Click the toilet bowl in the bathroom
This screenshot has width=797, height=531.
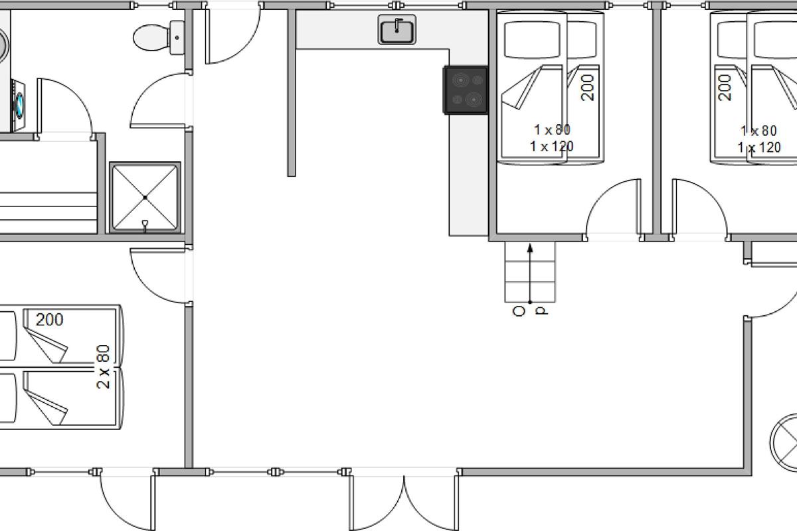[x=151, y=37]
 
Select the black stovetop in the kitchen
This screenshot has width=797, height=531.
[x=466, y=90]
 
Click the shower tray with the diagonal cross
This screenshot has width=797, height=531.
[x=145, y=197]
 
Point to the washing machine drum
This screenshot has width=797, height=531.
[x=19, y=106]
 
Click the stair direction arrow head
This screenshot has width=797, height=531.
[x=530, y=248]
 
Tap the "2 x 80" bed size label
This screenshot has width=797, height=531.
[x=103, y=366]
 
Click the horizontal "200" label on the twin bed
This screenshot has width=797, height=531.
[x=49, y=320]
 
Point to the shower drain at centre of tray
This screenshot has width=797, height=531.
[x=145, y=197]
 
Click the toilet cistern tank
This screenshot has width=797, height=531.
[x=177, y=37]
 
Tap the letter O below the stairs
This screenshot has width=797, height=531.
[x=519, y=311]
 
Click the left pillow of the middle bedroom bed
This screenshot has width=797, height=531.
[x=532, y=40]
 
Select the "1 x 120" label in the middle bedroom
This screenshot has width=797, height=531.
[x=551, y=147]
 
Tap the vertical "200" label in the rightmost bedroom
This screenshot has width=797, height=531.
[x=725, y=88]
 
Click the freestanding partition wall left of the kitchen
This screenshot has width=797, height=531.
[x=292, y=92]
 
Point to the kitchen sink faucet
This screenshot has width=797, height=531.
[x=397, y=25]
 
